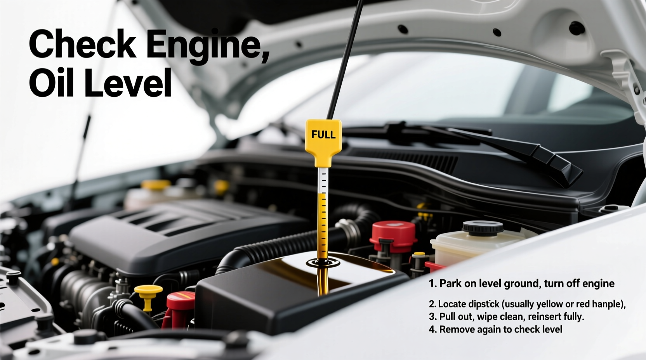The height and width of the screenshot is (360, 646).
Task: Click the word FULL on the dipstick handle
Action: tap(323, 135)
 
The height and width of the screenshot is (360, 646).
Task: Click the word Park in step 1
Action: tap(450, 284)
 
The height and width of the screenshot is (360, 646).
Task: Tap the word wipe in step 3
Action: tap(490, 317)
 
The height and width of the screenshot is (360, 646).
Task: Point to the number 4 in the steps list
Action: tap(432, 329)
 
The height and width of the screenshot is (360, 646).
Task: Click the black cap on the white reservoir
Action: tap(483, 228)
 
